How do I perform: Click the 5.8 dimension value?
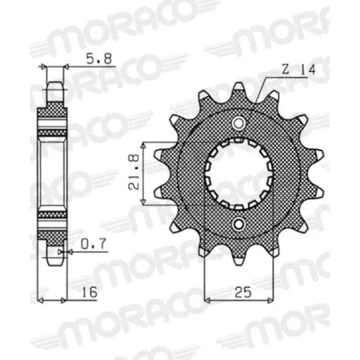point(93,58)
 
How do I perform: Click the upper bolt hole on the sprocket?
point(239,122)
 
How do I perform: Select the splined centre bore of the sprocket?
point(239,174)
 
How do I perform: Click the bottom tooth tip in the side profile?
point(54,261)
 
